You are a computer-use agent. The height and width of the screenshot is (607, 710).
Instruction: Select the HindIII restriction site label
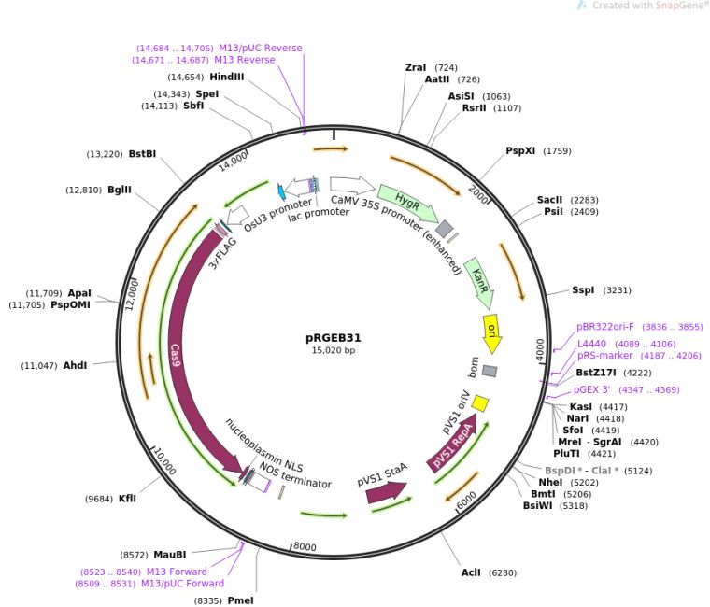click(x=227, y=77)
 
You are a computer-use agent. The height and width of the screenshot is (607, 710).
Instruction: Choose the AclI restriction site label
click(x=471, y=572)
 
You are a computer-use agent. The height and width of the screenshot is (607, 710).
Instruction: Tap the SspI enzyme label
click(x=583, y=290)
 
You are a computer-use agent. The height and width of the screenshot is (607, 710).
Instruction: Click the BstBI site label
click(x=142, y=154)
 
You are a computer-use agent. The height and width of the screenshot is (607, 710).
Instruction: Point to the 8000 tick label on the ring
click(x=306, y=547)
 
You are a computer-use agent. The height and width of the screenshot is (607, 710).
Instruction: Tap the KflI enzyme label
click(x=127, y=499)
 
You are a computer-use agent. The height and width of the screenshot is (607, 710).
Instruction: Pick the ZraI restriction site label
click(x=415, y=67)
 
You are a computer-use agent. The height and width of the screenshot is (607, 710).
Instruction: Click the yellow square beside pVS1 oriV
click(x=480, y=402)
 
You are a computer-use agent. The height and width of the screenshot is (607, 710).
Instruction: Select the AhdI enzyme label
click(x=75, y=365)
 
